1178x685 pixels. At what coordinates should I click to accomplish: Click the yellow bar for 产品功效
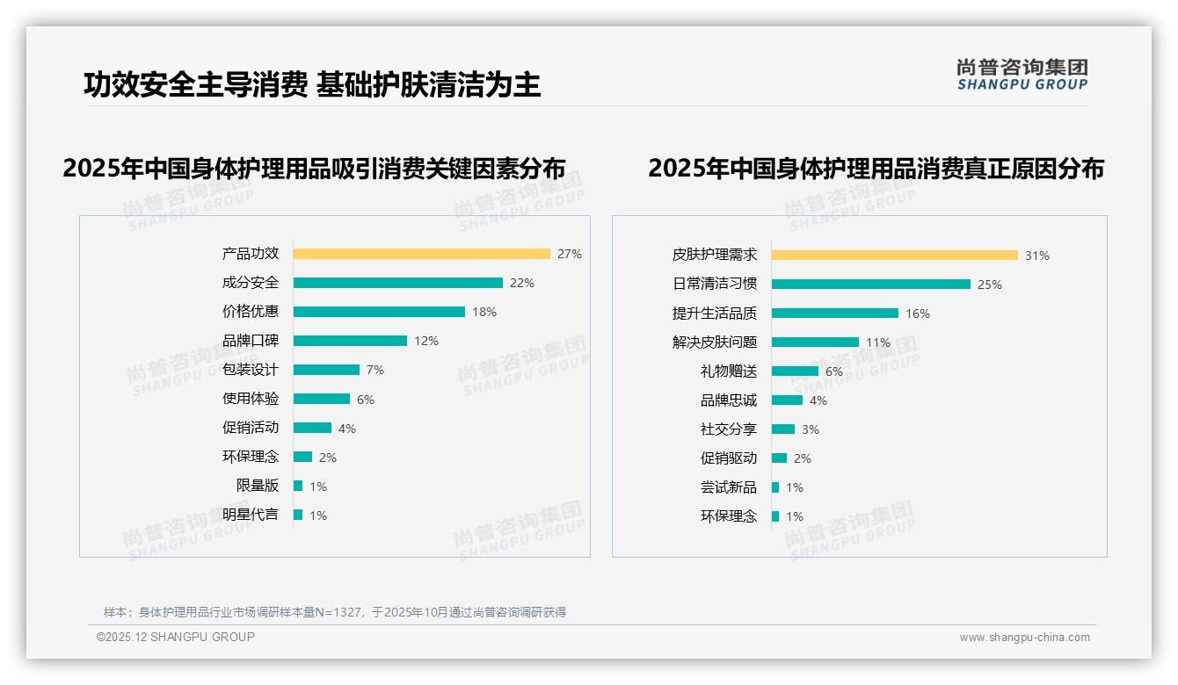pyautogui.click(x=421, y=254)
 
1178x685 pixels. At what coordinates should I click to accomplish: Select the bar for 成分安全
pyautogui.click(x=397, y=283)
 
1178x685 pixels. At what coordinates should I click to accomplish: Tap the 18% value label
pyautogui.click(x=484, y=312)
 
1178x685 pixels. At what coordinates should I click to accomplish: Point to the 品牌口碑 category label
pyautogui.click(x=251, y=341)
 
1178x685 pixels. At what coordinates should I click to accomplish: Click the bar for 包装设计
pyautogui.click(x=326, y=370)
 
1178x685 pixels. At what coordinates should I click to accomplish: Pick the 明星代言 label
pyautogui.click(x=251, y=515)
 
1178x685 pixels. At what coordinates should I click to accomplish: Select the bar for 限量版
pyautogui.click(x=298, y=486)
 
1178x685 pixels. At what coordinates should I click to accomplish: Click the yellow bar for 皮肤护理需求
pyautogui.click(x=894, y=256)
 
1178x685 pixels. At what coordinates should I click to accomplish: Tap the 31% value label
pyautogui.click(x=1036, y=256)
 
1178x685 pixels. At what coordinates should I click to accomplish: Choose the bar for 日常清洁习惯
pyautogui.click(x=870, y=285)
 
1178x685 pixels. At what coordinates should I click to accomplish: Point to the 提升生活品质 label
pyautogui.click(x=714, y=314)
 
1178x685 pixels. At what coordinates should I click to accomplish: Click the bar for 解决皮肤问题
pyautogui.click(x=815, y=342)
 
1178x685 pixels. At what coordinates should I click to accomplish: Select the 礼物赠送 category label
pyautogui.click(x=728, y=371)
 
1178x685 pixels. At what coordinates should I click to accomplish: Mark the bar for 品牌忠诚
pyautogui.click(x=787, y=400)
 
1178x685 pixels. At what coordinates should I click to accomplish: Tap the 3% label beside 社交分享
pyautogui.click(x=810, y=429)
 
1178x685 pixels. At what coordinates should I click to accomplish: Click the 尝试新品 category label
pyautogui.click(x=728, y=487)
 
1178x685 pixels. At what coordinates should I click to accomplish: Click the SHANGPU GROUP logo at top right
pyautogui.click(x=1022, y=75)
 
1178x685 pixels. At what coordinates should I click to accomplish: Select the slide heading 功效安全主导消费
pyautogui.click(x=195, y=85)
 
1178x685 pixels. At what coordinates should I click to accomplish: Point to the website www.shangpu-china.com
pyautogui.click(x=1024, y=638)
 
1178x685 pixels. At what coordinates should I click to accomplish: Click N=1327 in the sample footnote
pyautogui.click(x=338, y=612)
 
